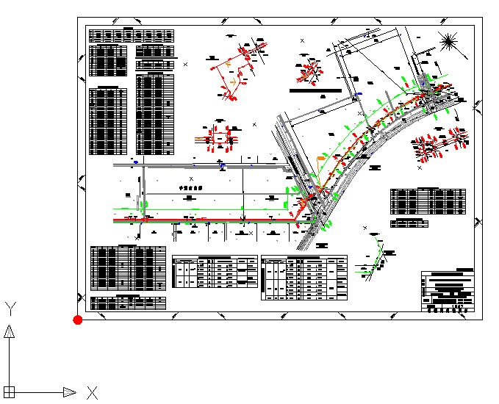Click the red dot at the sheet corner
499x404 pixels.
pos(77,320)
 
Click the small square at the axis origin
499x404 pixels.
pos(10,392)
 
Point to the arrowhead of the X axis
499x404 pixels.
pos(70,392)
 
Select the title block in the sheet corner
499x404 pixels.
pos(448,292)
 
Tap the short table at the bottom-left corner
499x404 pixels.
pos(128,302)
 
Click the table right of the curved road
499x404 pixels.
pos(428,200)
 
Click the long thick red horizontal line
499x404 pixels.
pos(206,220)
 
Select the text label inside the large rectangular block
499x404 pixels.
pos(190,187)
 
